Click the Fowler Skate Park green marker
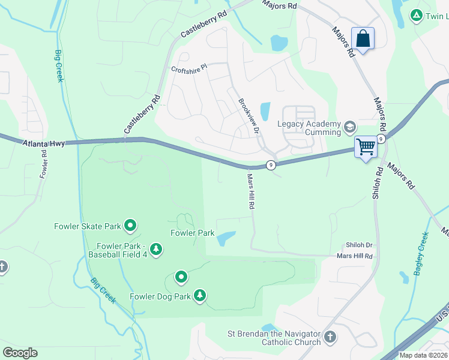click(x=130, y=226)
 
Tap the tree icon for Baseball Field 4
click(x=156, y=249)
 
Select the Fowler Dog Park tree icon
click(x=200, y=296)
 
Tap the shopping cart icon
click(x=365, y=146)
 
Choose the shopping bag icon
click(x=363, y=38)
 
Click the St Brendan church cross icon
click(x=330, y=338)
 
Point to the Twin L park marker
click(x=416, y=15)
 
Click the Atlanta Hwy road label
click(x=44, y=143)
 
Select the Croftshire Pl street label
click(x=188, y=68)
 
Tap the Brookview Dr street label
click(x=249, y=116)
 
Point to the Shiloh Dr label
click(x=359, y=245)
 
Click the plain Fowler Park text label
click(x=192, y=233)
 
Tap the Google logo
click(x=20, y=353)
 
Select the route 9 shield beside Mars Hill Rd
click(x=272, y=165)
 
